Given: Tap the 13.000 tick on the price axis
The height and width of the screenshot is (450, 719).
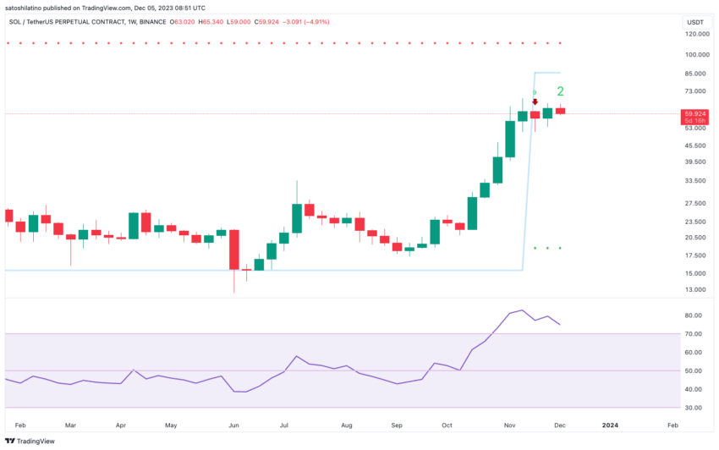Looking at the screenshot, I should (x=694, y=289).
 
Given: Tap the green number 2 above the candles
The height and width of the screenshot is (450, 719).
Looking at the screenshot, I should (x=560, y=91).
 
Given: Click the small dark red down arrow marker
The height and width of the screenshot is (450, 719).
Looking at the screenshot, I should (x=535, y=102).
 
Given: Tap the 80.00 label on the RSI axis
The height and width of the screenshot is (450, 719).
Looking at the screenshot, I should (x=693, y=316).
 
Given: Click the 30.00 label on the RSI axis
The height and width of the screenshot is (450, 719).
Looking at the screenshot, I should (x=693, y=408).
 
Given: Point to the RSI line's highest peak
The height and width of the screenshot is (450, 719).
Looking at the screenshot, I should (x=522, y=310).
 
